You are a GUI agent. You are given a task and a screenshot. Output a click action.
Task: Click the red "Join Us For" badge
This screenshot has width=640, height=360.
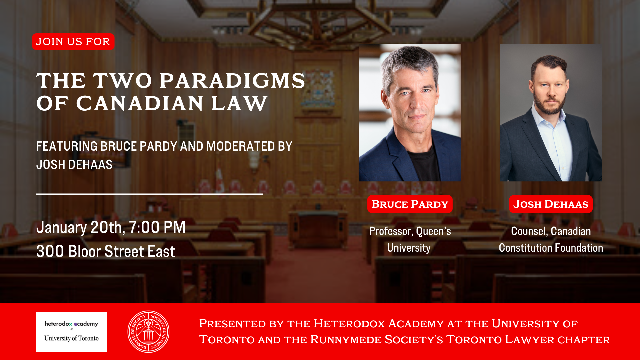point(73,42)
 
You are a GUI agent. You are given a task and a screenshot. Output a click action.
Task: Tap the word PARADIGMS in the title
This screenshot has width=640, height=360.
point(232,81)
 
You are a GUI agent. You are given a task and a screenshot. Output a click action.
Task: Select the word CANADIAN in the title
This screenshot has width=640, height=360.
point(140,103)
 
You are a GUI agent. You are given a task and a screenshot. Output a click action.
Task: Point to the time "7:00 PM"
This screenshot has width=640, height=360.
point(157,228)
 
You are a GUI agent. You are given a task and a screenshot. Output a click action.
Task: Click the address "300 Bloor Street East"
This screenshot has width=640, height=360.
point(105,252)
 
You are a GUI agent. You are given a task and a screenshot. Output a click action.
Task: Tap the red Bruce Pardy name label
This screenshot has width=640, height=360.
point(410,204)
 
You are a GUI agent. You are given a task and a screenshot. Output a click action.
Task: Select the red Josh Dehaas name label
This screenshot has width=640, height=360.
point(551,204)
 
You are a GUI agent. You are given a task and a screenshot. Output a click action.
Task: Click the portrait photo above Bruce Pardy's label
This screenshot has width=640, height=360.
point(410,113)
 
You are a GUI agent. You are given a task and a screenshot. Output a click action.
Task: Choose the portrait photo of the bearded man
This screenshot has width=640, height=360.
point(551,113)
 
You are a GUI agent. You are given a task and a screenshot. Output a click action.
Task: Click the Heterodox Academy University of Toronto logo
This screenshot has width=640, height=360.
point(71,332)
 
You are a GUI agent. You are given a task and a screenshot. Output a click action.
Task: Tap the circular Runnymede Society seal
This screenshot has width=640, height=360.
point(148,332)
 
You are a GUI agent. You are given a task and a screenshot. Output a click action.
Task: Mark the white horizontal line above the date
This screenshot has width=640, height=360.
point(149,194)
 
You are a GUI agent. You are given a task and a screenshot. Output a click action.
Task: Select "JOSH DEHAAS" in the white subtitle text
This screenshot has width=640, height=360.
point(74,165)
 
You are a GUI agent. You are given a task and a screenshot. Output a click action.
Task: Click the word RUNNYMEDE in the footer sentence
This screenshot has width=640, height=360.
point(346,340)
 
